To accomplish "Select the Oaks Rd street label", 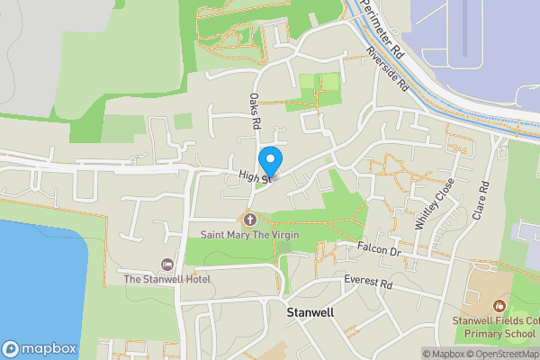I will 256,109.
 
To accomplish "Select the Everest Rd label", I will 369,283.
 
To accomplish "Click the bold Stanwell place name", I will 310,313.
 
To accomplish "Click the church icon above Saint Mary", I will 250,219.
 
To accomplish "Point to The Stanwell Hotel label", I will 166,279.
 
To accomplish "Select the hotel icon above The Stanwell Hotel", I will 166,264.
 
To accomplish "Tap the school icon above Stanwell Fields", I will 499,306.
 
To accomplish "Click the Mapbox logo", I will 40,348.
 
